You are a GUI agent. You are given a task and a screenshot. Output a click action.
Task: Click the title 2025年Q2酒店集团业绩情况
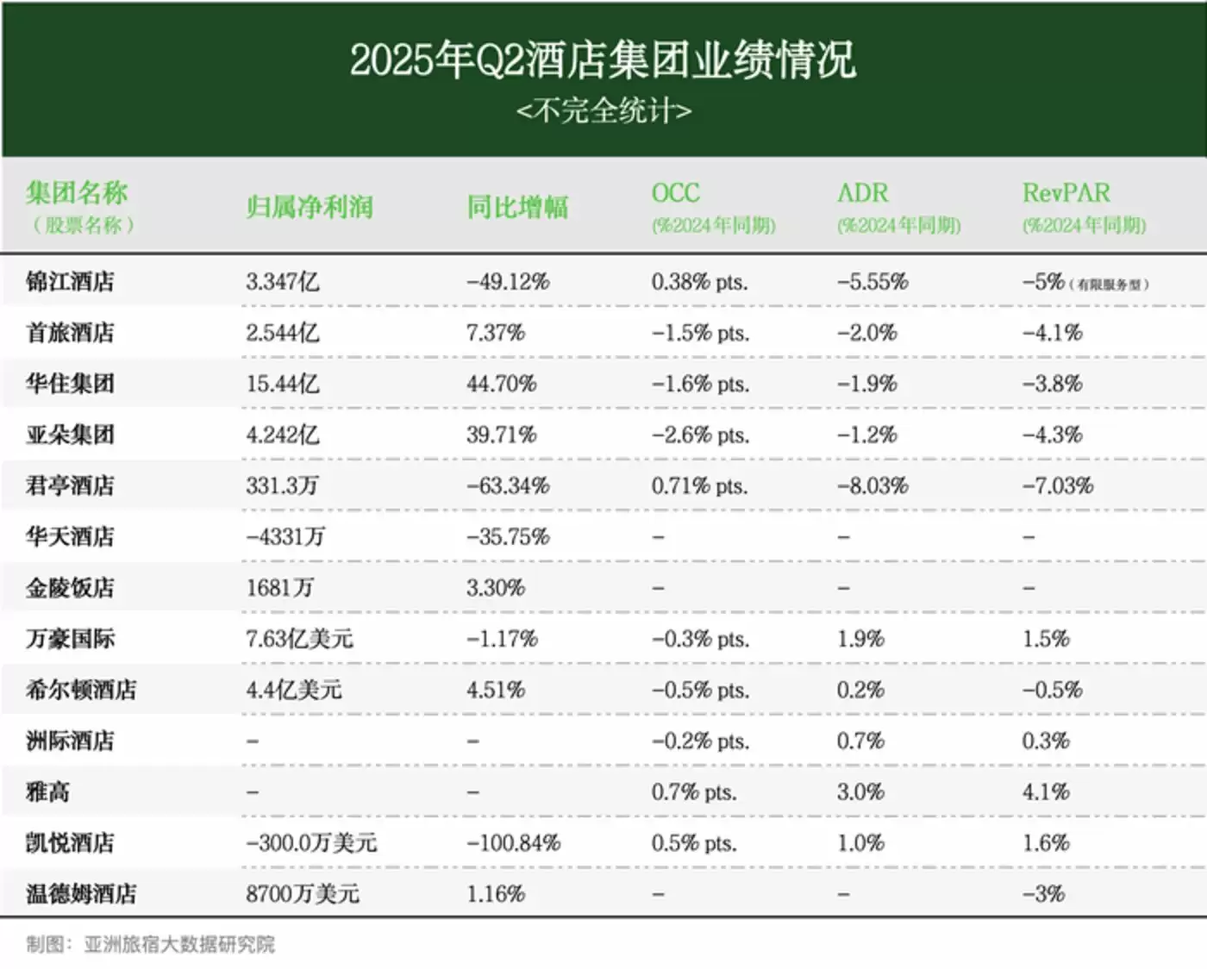tap(603, 60)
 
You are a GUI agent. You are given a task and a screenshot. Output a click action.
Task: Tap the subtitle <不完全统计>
tap(603, 111)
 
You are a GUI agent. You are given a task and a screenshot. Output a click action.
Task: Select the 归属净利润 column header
tap(309, 207)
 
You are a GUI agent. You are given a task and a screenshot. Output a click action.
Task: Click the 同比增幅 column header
tap(517, 207)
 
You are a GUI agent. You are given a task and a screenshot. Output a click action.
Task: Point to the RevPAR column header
tap(1066, 193)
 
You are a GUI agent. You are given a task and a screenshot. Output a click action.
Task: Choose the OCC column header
tap(675, 193)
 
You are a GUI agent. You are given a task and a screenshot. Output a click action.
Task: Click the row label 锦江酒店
tap(70, 282)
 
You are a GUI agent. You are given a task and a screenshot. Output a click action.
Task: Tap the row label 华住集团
tap(70, 384)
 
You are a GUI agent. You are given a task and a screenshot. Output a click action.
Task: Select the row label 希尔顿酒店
tap(81, 690)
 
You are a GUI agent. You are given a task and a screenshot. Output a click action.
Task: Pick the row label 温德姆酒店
tap(81, 894)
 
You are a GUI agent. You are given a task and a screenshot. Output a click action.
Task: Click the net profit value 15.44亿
tap(282, 384)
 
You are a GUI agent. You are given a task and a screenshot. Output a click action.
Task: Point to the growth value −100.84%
tap(513, 842)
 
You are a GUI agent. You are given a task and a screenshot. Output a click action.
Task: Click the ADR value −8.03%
tap(872, 485)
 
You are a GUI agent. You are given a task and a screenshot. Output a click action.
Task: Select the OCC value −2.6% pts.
tap(700, 434)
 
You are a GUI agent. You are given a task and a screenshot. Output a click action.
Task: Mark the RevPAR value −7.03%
tap(1058, 485)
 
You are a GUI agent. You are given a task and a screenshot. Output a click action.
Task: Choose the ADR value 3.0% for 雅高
tap(860, 791)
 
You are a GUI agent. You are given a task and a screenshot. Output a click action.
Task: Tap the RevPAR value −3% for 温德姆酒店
tap(1043, 894)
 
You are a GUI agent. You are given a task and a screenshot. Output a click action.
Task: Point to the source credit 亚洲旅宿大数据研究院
tap(179, 945)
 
